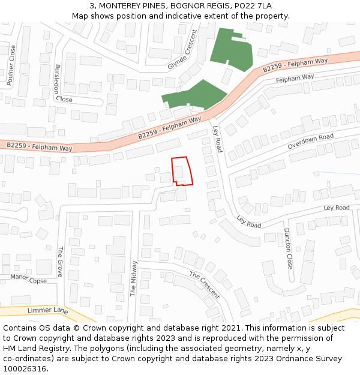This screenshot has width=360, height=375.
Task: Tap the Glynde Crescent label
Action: [182, 50]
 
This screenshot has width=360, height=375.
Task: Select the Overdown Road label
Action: [310, 141]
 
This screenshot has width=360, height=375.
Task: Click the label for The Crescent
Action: [205, 284]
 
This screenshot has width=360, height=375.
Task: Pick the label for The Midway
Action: [133, 277]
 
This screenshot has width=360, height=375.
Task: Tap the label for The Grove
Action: [60, 262]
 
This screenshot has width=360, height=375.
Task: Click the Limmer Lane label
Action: [48, 310]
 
